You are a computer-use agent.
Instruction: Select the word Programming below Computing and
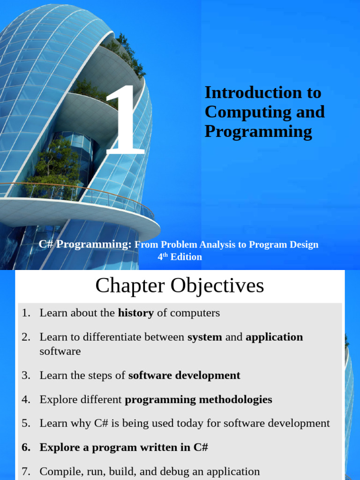(258, 132)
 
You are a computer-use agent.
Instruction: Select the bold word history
(136, 313)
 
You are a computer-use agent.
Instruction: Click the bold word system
(205, 337)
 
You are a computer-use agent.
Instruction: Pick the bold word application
(274, 337)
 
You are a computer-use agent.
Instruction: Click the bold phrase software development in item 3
(184, 375)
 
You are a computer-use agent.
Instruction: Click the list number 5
(26, 423)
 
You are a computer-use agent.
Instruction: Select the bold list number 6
(26, 447)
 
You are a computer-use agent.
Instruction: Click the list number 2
(26, 337)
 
